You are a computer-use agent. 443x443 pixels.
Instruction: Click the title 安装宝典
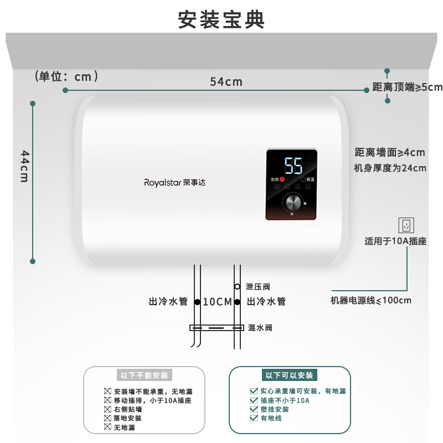221,19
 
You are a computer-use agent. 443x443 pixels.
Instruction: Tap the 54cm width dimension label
226,81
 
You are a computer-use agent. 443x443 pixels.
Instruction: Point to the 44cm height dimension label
25,166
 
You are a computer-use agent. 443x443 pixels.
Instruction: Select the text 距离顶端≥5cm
408,87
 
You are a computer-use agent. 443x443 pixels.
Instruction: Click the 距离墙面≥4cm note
390,152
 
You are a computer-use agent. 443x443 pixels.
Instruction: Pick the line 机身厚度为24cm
390,168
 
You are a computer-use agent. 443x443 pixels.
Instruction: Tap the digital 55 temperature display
293,165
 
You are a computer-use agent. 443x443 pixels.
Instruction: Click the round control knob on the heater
292,203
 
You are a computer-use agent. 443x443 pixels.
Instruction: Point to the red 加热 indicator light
282,180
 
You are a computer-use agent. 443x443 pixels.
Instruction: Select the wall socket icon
406,225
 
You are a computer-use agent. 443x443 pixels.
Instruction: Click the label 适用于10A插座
395,241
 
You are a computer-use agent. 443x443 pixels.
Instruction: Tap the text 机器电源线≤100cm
371,301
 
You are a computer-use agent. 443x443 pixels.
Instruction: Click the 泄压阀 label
257,287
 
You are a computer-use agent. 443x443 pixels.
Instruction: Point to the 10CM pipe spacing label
217,302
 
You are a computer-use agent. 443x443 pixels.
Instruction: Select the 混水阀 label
260,328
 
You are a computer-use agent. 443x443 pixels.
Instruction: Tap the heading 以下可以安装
290,375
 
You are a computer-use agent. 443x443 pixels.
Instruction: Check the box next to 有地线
254,418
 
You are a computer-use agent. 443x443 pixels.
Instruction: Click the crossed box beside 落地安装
107,418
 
